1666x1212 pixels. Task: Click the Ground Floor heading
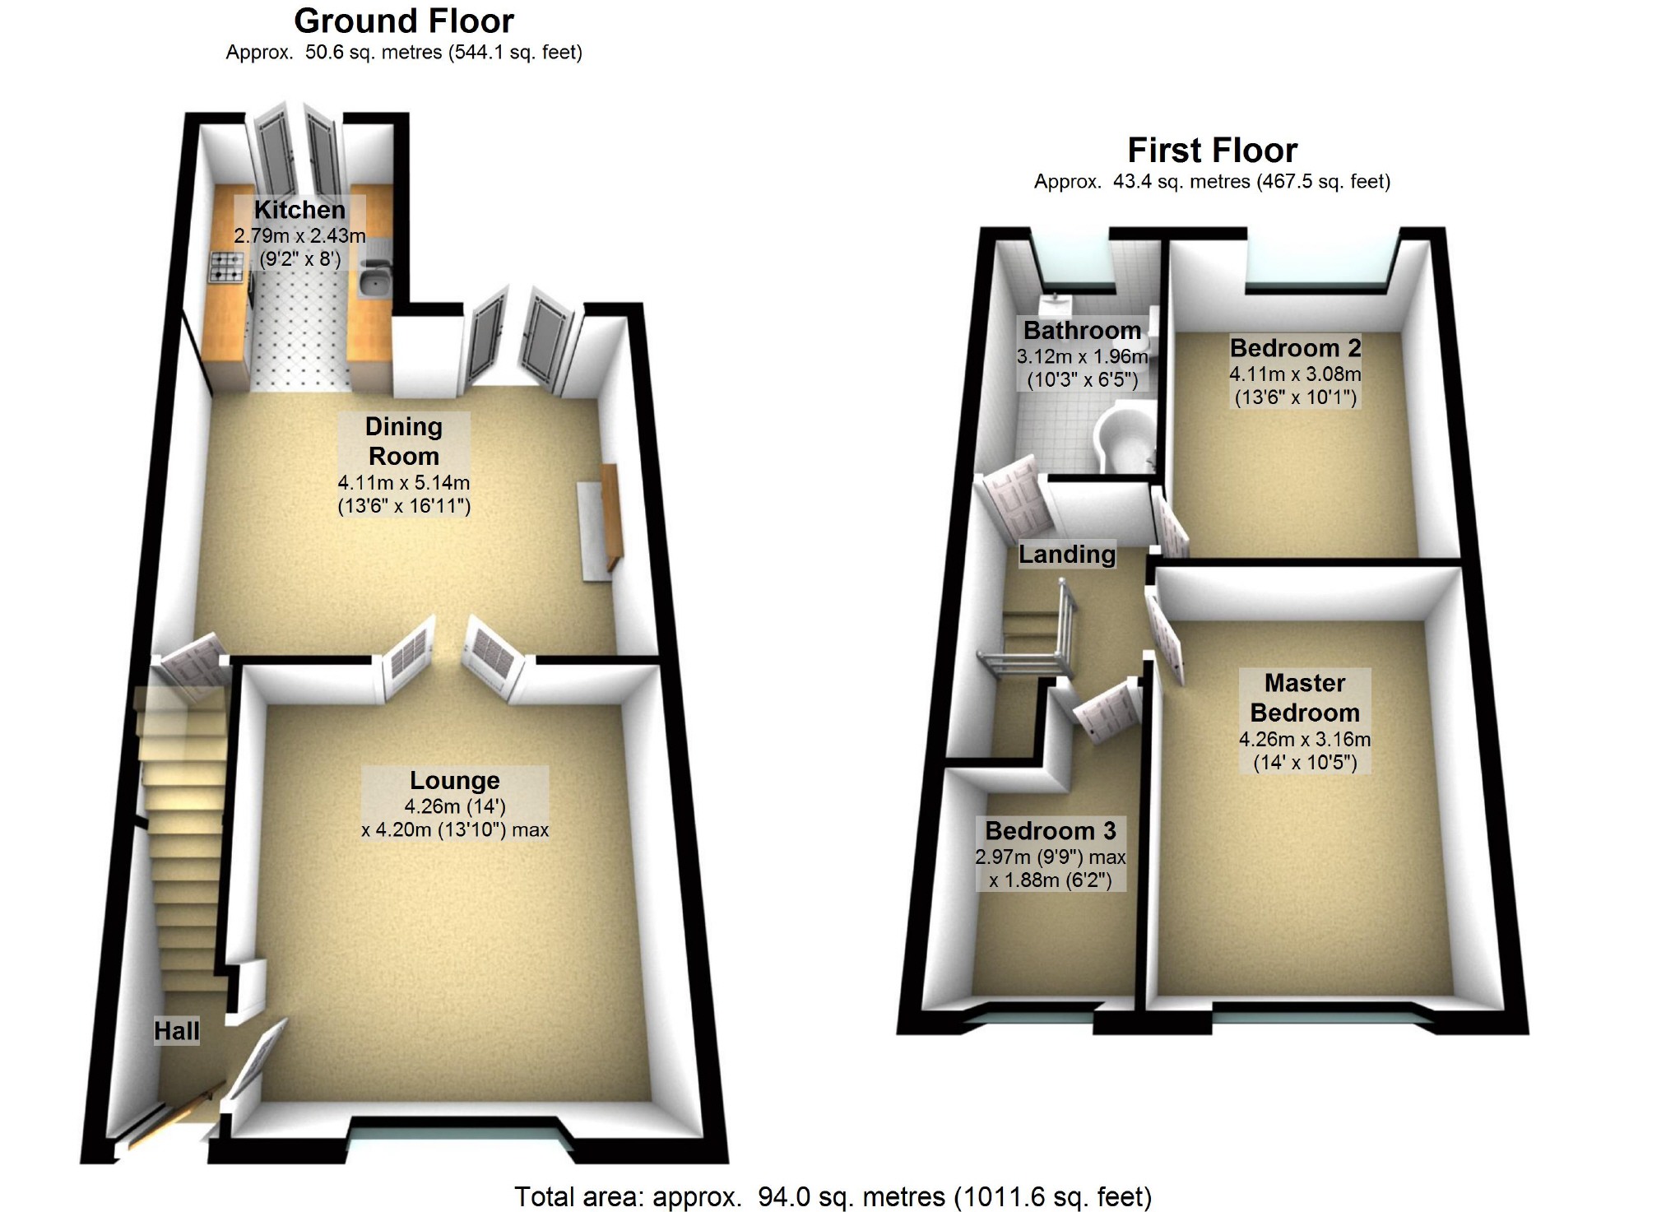pyautogui.click(x=403, y=21)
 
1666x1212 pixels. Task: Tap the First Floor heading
pyautogui.click(x=1212, y=151)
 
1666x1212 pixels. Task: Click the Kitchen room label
pyautogui.click(x=299, y=210)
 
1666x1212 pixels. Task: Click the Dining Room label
pyautogui.click(x=403, y=441)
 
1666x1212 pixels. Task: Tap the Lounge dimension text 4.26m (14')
pyautogui.click(x=454, y=806)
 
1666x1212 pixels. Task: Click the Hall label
pyautogui.click(x=177, y=1031)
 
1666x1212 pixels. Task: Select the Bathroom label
pyautogui.click(x=1082, y=330)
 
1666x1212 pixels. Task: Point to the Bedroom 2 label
pyautogui.click(x=1295, y=348)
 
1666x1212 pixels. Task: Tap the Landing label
pyautogui.click(x=1067, y=555)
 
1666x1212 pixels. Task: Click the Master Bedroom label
pyautogui.click(x=1305, y=698)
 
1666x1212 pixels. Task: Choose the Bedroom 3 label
pyautogui.click(x=1051, y=830)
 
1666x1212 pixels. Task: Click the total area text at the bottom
pyautogui.click(x=833, y=1196)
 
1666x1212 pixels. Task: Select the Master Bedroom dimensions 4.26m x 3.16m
pyautogui.click(x=1305, y=739)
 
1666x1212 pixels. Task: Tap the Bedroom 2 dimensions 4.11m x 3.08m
pyautogui.click(x=1295, y=374)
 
